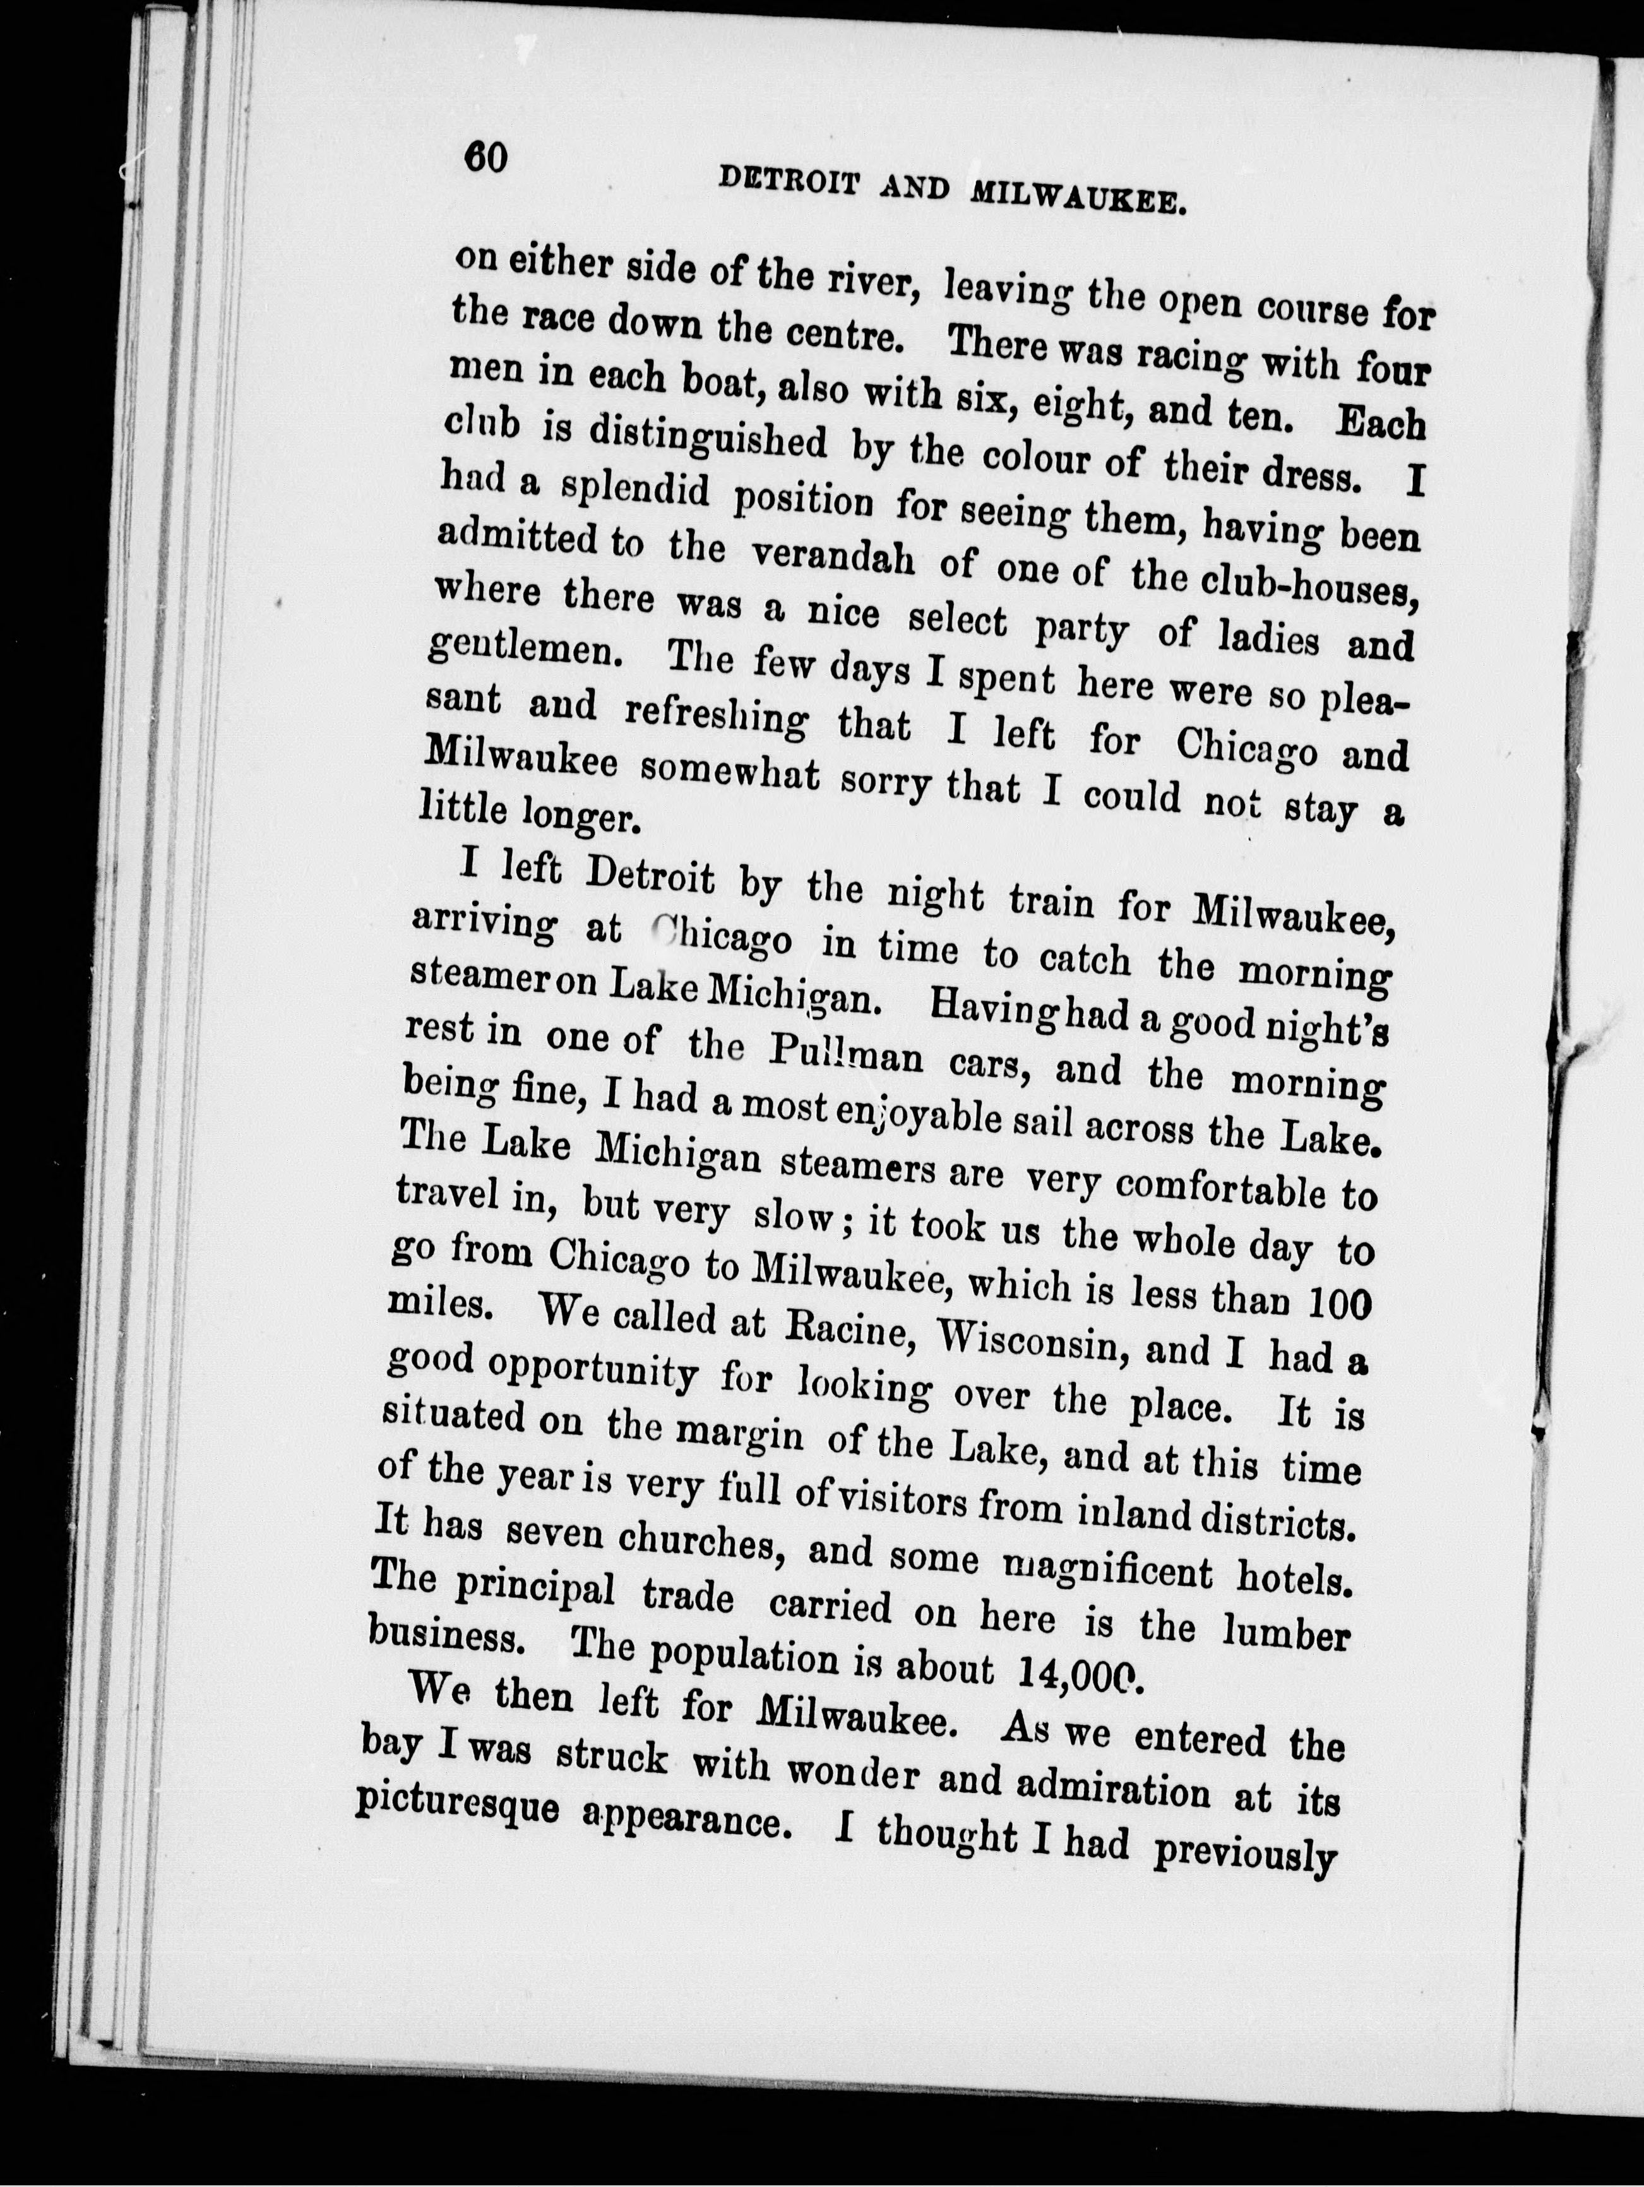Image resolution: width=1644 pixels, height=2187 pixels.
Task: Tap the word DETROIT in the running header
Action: click(x=783, y=182)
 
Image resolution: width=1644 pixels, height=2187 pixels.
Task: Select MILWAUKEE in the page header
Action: click(x=1078, y=196)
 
